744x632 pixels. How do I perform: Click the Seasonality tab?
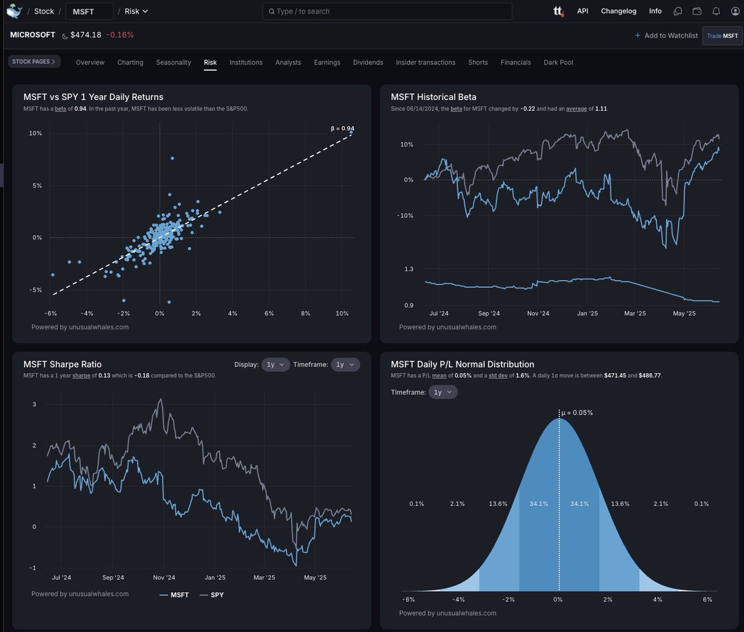pyautogui.click(x=173, y=63)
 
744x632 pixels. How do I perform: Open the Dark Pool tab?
pyautogui.click(x=558, y=63)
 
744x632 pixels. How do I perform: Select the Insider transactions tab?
pyautogui.click(x=425, y=63)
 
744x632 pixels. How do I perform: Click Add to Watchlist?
pyautogui.click(x=666, y=36)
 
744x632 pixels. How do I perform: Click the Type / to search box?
pyautogui.click(x=387, y=11)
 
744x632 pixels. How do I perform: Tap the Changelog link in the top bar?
pyautogui.click(x=618, y=11)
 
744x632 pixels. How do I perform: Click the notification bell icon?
pyautogui.click(x=715, y=11)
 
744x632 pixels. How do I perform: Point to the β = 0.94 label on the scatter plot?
pyautogui.click(x=342, y=129)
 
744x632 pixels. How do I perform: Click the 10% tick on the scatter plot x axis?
pyautogui.click(x=342, y=314)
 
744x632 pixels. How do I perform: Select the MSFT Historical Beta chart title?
pyautogui.click(x=433, y=97)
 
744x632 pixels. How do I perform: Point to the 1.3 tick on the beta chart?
pyautogui.click(x=409, y=269)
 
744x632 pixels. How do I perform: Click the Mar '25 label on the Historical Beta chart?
pyautogui.click(x=635, y=314)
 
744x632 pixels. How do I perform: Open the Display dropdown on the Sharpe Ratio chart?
pyautogui.click(x=275, y=364)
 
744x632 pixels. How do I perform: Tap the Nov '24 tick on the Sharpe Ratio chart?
pyautogui.click(x=164, y=577)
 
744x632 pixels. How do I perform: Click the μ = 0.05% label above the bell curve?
pyautogui.click(x=577, y=413)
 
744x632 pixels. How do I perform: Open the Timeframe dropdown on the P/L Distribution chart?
pyautogui.click(x=443, y=392)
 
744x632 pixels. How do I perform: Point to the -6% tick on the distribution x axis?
pyautogui.click(x=409, y=600)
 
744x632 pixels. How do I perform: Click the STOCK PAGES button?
pyautogui.click(x=34, y=61)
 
